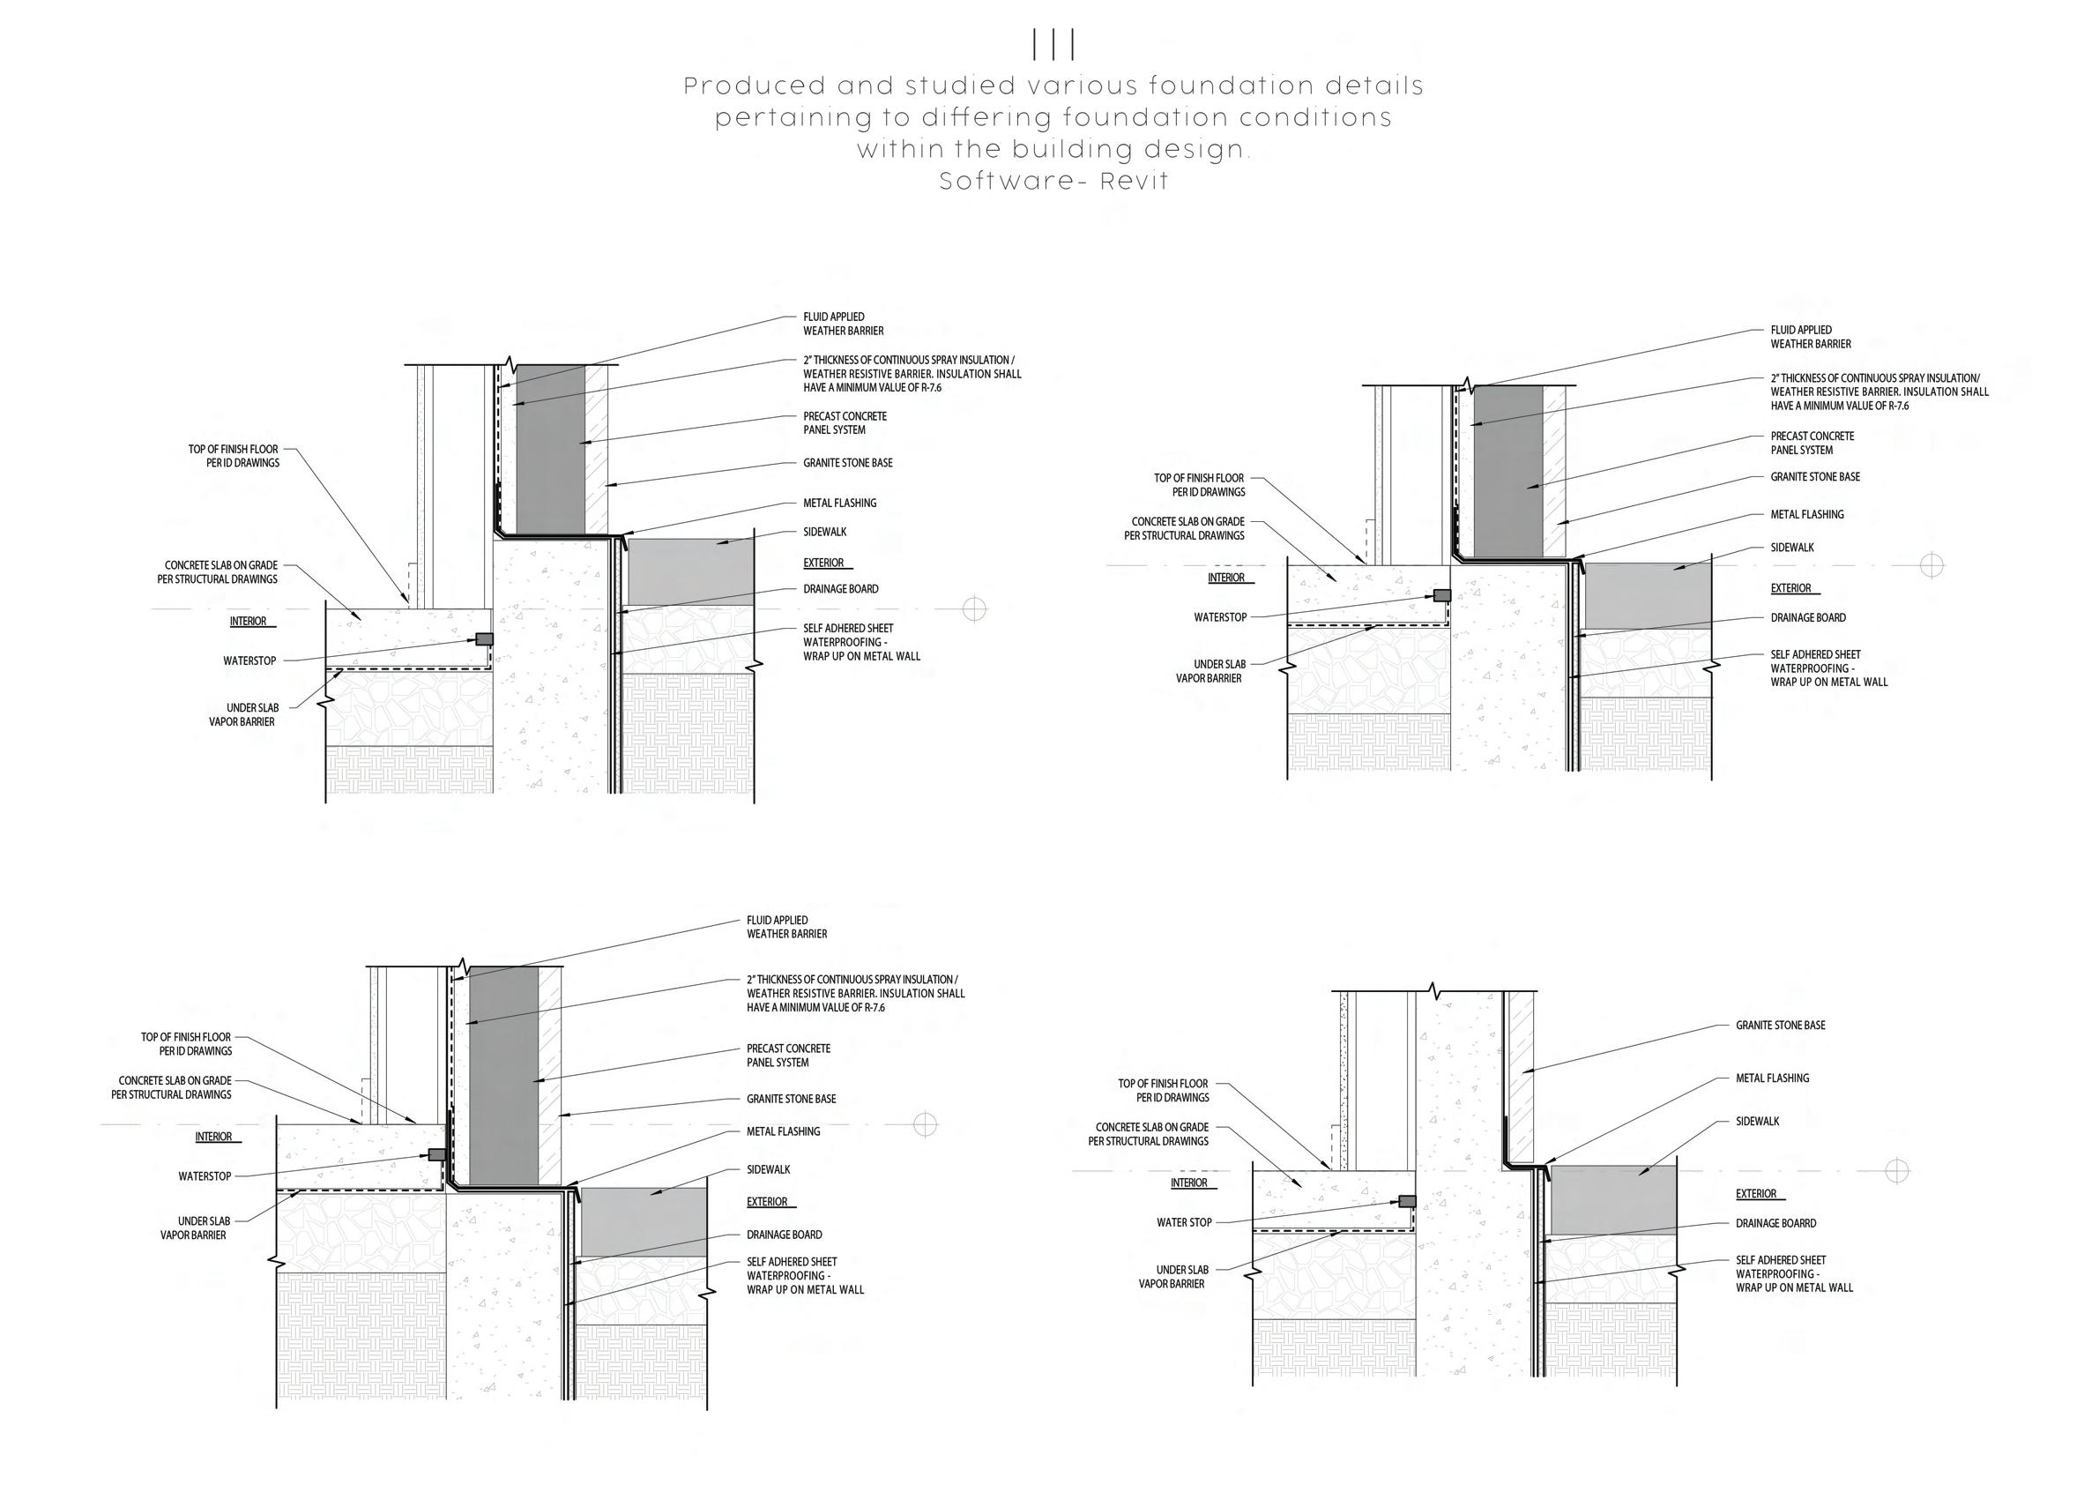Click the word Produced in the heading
coord(742,87)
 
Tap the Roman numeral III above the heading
coord(1053,44)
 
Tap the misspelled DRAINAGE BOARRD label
coord(1775,1223)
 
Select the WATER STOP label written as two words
coord(1184,1222)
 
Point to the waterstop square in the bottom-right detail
coord(1407,1202)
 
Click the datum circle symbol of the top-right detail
coord(1932,565)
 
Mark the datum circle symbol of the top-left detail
coord(974,608)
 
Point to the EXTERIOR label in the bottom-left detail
coord(766,1202)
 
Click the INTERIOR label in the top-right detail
coord(1226,578)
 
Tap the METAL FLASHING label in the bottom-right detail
coord(1772,1078)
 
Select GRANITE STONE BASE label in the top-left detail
coord(847,463)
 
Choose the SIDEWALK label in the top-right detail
coord(1792,548)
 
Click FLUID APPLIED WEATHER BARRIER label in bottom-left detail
coord(786,927)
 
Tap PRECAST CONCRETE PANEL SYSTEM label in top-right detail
coord(1812,443)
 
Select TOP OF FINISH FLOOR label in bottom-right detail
coord(1163,1090)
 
